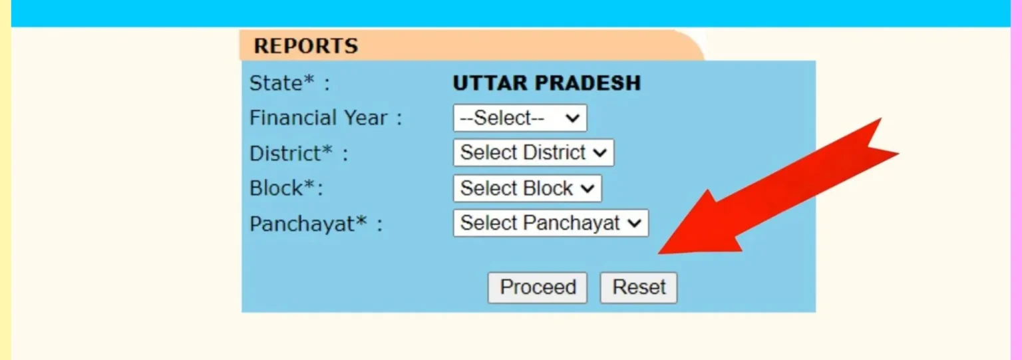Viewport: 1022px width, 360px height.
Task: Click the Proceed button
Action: [x=537, y=287]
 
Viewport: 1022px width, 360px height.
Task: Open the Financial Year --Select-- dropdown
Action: [x=520, y=118]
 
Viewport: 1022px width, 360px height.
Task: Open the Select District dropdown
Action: [x=533, y=152]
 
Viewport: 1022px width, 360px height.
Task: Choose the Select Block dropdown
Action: [x=527, y=188]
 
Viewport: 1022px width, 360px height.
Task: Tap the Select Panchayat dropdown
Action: [x=550, y=223]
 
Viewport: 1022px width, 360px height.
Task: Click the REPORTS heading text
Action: [x=305, y=46]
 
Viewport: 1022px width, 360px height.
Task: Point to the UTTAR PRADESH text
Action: [x=546, y=83]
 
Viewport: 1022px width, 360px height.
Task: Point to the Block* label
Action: [x=285, y=188]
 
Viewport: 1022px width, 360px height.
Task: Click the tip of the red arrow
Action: [x=660, y=253]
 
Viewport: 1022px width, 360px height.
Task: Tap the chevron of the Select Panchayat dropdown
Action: [x=635, y=224]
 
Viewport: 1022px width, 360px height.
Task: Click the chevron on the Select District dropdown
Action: [x=600, y=153]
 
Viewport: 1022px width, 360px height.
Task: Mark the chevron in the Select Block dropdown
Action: [x=588, y=189]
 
